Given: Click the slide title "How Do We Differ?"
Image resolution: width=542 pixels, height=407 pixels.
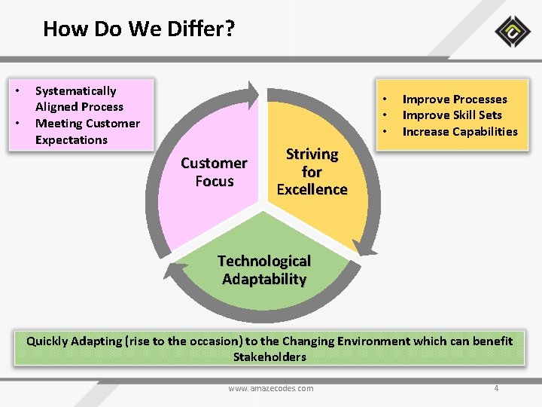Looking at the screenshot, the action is [139, 29].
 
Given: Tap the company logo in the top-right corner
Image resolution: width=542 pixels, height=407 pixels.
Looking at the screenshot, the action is [513, 32].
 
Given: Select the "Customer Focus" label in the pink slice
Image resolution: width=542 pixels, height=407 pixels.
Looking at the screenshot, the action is [214, 172].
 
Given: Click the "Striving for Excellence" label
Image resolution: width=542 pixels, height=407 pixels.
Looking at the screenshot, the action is [312, 172].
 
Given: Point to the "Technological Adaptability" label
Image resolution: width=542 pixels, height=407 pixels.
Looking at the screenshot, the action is [264, 270].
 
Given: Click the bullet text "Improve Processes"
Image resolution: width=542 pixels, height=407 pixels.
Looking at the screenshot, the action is [455, 99].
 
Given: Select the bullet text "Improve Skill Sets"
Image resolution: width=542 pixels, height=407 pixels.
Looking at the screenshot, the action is [452, 115].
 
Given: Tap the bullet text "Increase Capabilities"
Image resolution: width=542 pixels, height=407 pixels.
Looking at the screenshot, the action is [460, 132].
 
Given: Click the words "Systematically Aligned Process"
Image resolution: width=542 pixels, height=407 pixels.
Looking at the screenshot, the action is [79, 99].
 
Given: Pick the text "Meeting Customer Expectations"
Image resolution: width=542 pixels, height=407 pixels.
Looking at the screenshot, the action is [87, 132].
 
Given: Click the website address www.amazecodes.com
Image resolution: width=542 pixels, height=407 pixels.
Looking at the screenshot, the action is [271, 388].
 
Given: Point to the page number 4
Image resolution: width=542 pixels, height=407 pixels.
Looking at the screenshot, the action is [496, 388].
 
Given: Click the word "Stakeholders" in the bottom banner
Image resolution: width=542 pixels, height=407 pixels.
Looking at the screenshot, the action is [269, 357].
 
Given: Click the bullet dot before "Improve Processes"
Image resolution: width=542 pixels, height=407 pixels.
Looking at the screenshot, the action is [385, 99].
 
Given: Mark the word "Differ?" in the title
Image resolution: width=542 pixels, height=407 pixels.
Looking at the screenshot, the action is [204, 29].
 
